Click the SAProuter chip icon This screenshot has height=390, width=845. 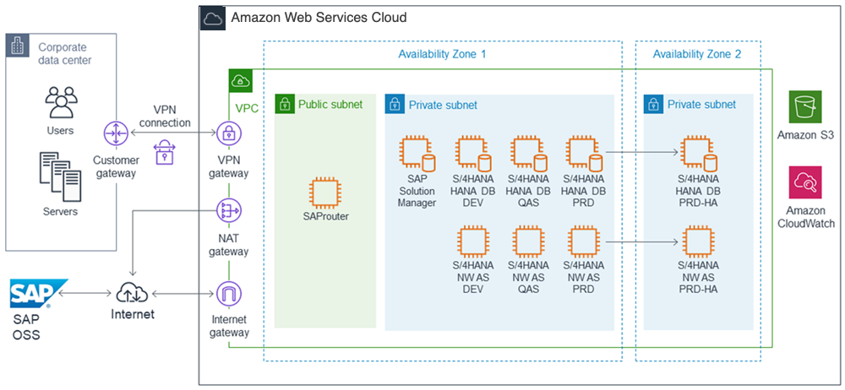click(x=326, y=192)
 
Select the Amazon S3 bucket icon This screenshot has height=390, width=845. click(x=805, y=107)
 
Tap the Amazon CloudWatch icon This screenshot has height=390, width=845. click(x=805, y=182)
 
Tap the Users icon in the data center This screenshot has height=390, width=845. click(x=60, y=100)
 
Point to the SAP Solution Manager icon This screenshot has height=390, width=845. click(x=417, y=154)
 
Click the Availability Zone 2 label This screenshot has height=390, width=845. click(x=697, y=54)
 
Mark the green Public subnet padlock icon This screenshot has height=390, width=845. click(x=285, y=105)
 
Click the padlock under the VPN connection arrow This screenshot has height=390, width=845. click(x=165, y=152)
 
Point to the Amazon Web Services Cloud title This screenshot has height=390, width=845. click(x=318, y=17)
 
